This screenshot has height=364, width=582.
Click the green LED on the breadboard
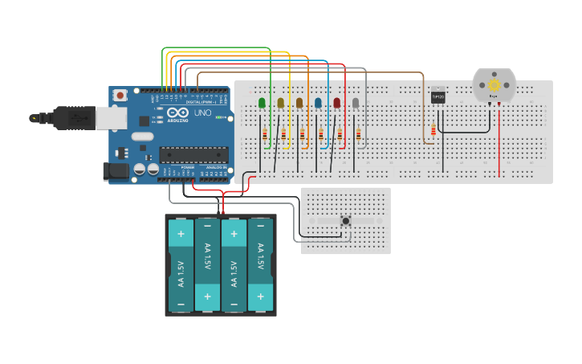click(x=262, y=103)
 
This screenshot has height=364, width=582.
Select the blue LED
click(x=318, y=103)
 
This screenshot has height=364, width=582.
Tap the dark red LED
click(x=337, y=103)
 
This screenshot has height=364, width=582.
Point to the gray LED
click(x=356, y=103)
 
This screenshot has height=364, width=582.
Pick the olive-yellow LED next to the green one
click(x=281, y=103)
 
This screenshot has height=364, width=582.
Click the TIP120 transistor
click(x=438, y=96)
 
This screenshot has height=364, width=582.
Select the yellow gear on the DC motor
click(x=494, y=84)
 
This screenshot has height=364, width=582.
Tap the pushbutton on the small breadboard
click(x=346, y=221)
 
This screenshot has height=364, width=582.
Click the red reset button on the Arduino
click(x=120, y=95)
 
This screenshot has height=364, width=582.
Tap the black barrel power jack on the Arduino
click(x=116, y=170)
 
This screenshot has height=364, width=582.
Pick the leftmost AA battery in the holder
click(x=181, y=266)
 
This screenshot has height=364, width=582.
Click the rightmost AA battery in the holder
click(x=260, y=266)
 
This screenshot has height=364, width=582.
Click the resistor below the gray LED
click(x=358, y=137)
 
